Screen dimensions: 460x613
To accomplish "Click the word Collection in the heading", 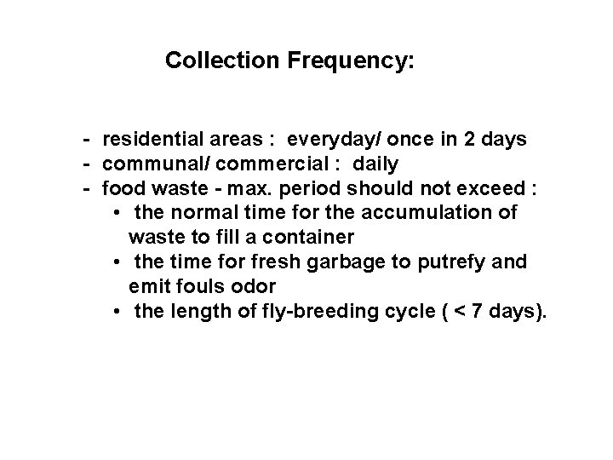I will (217, 61).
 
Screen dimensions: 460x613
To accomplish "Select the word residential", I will (150, 139).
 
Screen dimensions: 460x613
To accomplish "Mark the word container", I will (280, 236).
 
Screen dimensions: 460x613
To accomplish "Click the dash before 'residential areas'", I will (88, 139).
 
